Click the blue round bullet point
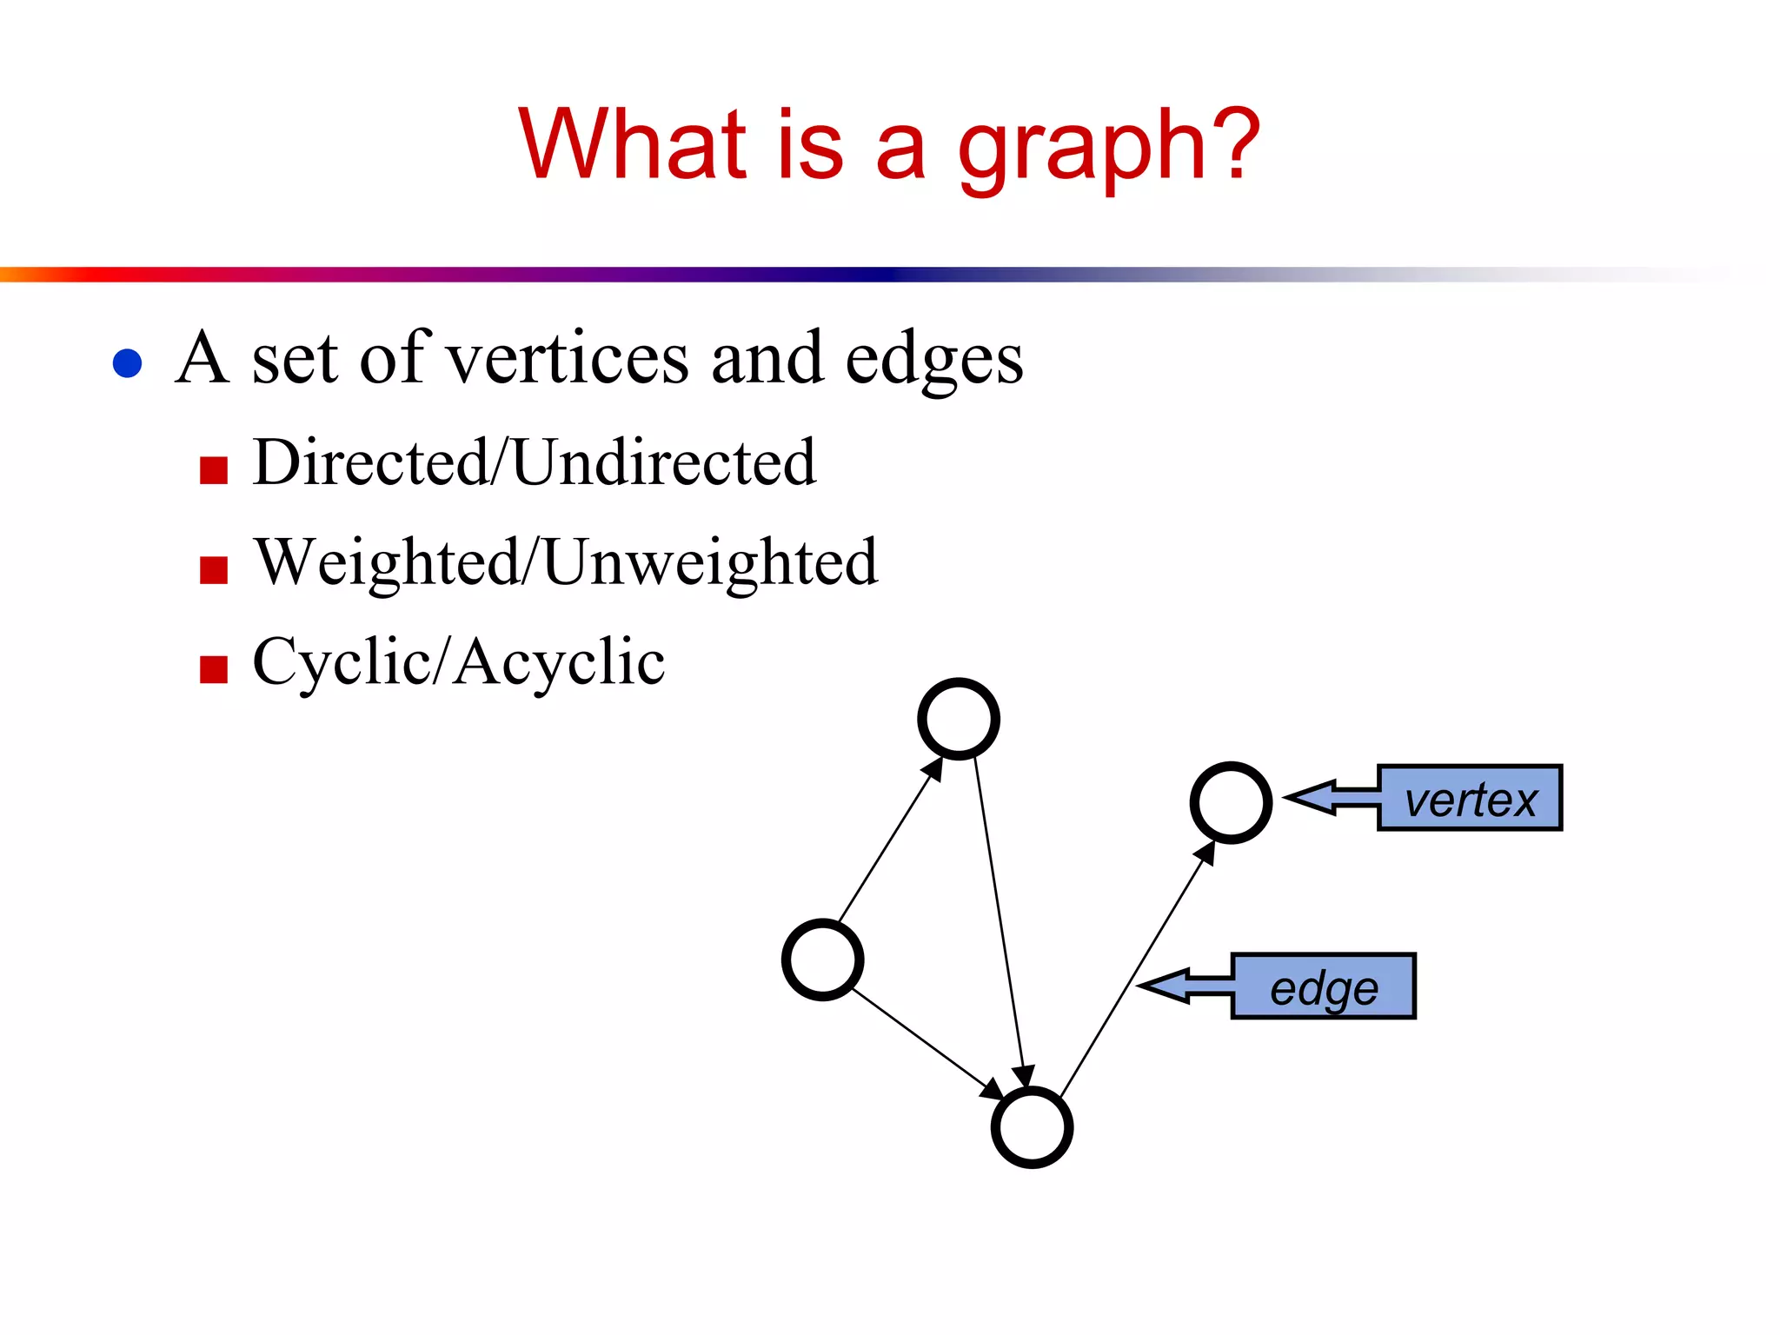[x=128, y=362]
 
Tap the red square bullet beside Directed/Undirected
[x=214, y=469]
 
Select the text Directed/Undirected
[x=534, y=462]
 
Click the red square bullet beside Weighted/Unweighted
[x=214, y=570]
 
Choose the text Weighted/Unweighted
[x=565, y=562]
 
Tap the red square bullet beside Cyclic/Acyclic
[x=214, y=669]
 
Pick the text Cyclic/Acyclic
[x=458, y=662]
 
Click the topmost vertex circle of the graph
[x=959, y=719]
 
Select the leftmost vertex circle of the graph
[x=822, y=960]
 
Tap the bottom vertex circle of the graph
[x=1032, y=1127]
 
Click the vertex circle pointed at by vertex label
[x=1231, y=802]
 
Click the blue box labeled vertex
[x=1470, y=798]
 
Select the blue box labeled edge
[x=1324, y=986]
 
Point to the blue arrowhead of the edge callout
[x=1165, y=986]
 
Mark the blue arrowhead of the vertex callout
[x=1311, y=797]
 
